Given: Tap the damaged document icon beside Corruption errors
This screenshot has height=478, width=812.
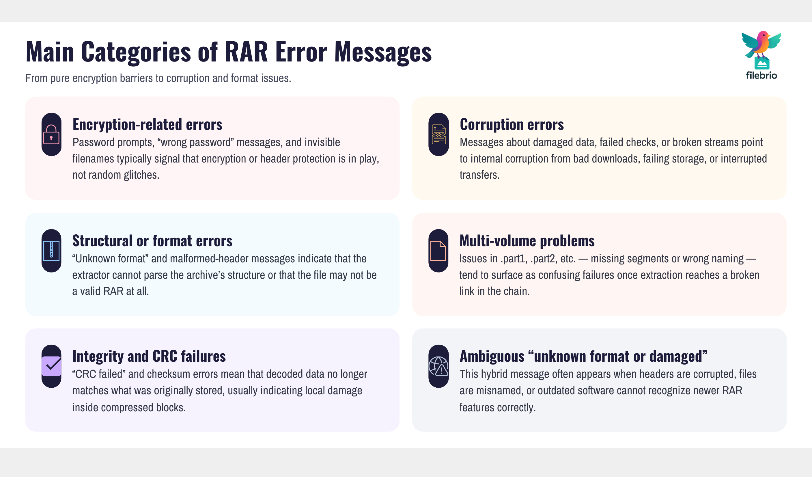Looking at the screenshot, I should [439, 135].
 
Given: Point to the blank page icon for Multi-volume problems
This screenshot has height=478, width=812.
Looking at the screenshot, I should [438, 251].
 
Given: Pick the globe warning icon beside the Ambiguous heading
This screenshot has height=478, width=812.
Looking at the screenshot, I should [438, 366].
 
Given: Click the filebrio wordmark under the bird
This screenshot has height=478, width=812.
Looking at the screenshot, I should [761, 75].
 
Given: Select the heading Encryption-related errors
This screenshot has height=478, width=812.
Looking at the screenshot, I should [147, 125].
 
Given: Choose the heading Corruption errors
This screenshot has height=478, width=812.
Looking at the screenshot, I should [512, 125].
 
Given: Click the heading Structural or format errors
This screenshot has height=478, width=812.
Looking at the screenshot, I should [152, 241].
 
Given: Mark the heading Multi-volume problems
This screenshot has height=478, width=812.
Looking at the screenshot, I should [527, 241].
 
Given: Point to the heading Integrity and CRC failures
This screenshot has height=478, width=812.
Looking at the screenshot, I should [149, 356].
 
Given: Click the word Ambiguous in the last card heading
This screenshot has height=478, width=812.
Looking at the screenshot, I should [492, 356].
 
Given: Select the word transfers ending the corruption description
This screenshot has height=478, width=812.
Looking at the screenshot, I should [479, 175].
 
